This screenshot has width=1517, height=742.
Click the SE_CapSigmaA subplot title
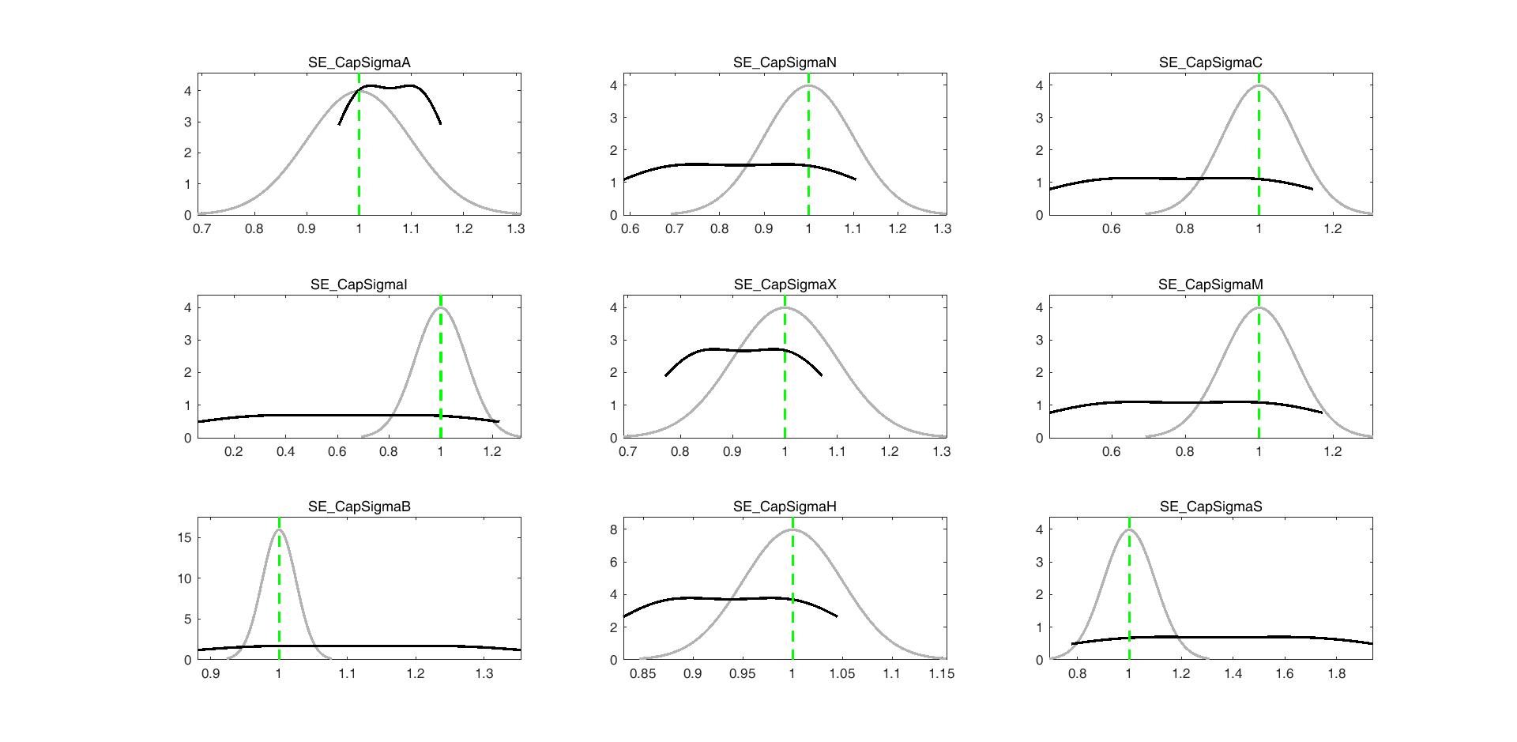359,62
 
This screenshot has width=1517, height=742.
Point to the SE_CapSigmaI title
359,284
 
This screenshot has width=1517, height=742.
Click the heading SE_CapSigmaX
785,284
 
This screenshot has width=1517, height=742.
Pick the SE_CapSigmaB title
359,507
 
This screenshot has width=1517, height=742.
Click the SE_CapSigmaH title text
785,507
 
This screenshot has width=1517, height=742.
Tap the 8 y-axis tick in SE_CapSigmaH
613,530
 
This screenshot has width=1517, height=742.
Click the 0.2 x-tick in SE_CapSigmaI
234,452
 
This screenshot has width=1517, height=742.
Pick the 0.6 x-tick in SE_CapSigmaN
631,229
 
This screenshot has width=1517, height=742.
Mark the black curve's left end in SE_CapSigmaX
665,375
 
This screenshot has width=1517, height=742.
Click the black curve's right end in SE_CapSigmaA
440,123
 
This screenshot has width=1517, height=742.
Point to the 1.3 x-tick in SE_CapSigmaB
484,674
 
